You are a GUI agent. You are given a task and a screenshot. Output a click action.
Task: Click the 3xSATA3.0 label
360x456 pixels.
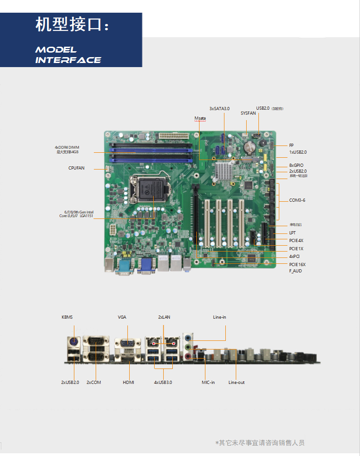(219, 109)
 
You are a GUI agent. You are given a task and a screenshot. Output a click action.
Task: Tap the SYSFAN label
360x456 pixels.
(248, 113)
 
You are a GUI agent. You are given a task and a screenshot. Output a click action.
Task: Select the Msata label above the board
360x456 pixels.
(200, 118)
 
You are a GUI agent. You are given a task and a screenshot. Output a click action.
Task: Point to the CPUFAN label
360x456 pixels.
(76, 168)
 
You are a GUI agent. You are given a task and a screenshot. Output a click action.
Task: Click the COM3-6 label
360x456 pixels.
(297, 200)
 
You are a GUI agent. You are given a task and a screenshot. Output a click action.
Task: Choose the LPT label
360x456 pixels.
(292, 233)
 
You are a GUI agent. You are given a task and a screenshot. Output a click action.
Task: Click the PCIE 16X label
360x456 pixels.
(297, 264)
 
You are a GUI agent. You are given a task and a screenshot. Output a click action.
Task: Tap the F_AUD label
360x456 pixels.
(295, 271)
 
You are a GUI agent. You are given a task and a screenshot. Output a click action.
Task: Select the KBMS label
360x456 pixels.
(67, 317)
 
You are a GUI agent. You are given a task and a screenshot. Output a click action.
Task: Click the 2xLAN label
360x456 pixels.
(164, 317)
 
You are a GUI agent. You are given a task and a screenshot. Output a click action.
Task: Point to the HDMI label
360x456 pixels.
(128, 383)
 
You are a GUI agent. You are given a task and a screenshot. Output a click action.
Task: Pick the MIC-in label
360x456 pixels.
(208, 383)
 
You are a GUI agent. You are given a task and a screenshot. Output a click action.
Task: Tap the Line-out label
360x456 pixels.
(236, 383)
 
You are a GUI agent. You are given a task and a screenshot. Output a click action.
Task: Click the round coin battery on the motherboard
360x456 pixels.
(249, 146)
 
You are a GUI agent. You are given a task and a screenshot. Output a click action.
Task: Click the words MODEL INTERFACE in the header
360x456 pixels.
(68, 55)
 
